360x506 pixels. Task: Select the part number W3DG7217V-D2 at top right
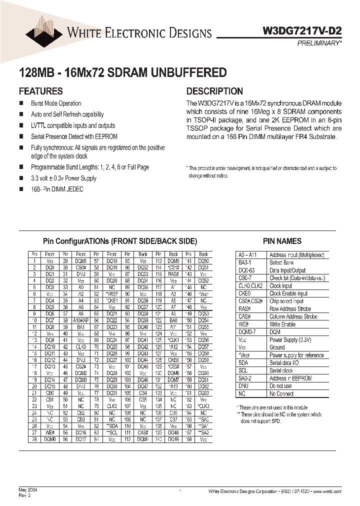(302, 30)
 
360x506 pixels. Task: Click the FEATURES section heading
(40, 91)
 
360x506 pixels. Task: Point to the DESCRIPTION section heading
(214, 91)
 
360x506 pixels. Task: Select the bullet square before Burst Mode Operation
(21, 103)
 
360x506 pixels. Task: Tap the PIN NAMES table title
(282, 241)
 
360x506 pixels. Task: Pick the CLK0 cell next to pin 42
(81, 346)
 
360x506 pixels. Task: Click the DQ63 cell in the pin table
(203, 393)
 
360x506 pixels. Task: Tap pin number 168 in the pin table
(188, 439)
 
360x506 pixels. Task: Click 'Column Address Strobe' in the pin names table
(293, 316)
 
